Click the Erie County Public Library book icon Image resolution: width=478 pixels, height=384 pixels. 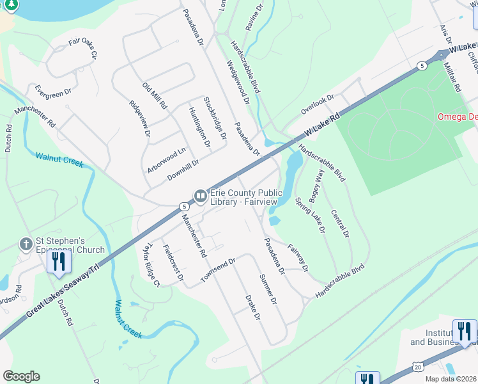coord(200,195)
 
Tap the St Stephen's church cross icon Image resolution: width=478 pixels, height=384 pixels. coord(26,244)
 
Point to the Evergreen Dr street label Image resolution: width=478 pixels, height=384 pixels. coord(53,92)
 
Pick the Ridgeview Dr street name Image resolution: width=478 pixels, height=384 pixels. coord(139,120)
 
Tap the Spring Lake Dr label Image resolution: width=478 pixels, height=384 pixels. coord(311,215)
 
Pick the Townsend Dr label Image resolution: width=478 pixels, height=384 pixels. coord(218,270)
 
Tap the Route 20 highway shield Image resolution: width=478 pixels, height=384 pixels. coord(417,365)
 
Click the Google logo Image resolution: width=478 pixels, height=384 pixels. coord(22,376)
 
